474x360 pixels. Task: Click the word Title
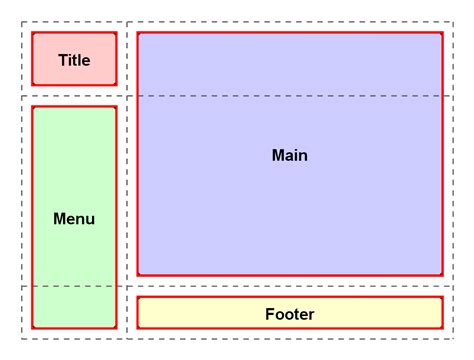click(x=74, y=60)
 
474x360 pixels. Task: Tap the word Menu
click(x=74, y=218)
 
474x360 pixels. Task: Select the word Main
click(x=289, y=156)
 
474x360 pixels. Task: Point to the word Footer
click(x=289, y=314)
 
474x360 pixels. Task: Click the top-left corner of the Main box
click(x=138, y=33)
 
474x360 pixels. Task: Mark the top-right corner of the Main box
click(x=442, y=33)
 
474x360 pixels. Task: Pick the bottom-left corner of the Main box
click(x=138, y=274)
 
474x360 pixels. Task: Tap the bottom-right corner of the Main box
click(x=442, y=274)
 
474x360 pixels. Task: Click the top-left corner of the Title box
click(x=32, y=33)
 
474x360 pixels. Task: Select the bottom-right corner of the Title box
click(x=116, y=85)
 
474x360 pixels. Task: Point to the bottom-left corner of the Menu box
click(x=32, y=327)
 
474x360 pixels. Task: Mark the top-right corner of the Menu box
click(x=116, y=107)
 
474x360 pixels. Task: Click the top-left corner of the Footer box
click(x=138, y=297)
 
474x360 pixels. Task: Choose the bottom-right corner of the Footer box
click(x=442, y=327)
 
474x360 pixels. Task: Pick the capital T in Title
click(x=62, y=60)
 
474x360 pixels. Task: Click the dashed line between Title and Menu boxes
click(x=74, y=96)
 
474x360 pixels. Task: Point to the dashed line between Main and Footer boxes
click(x=289, y=286)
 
